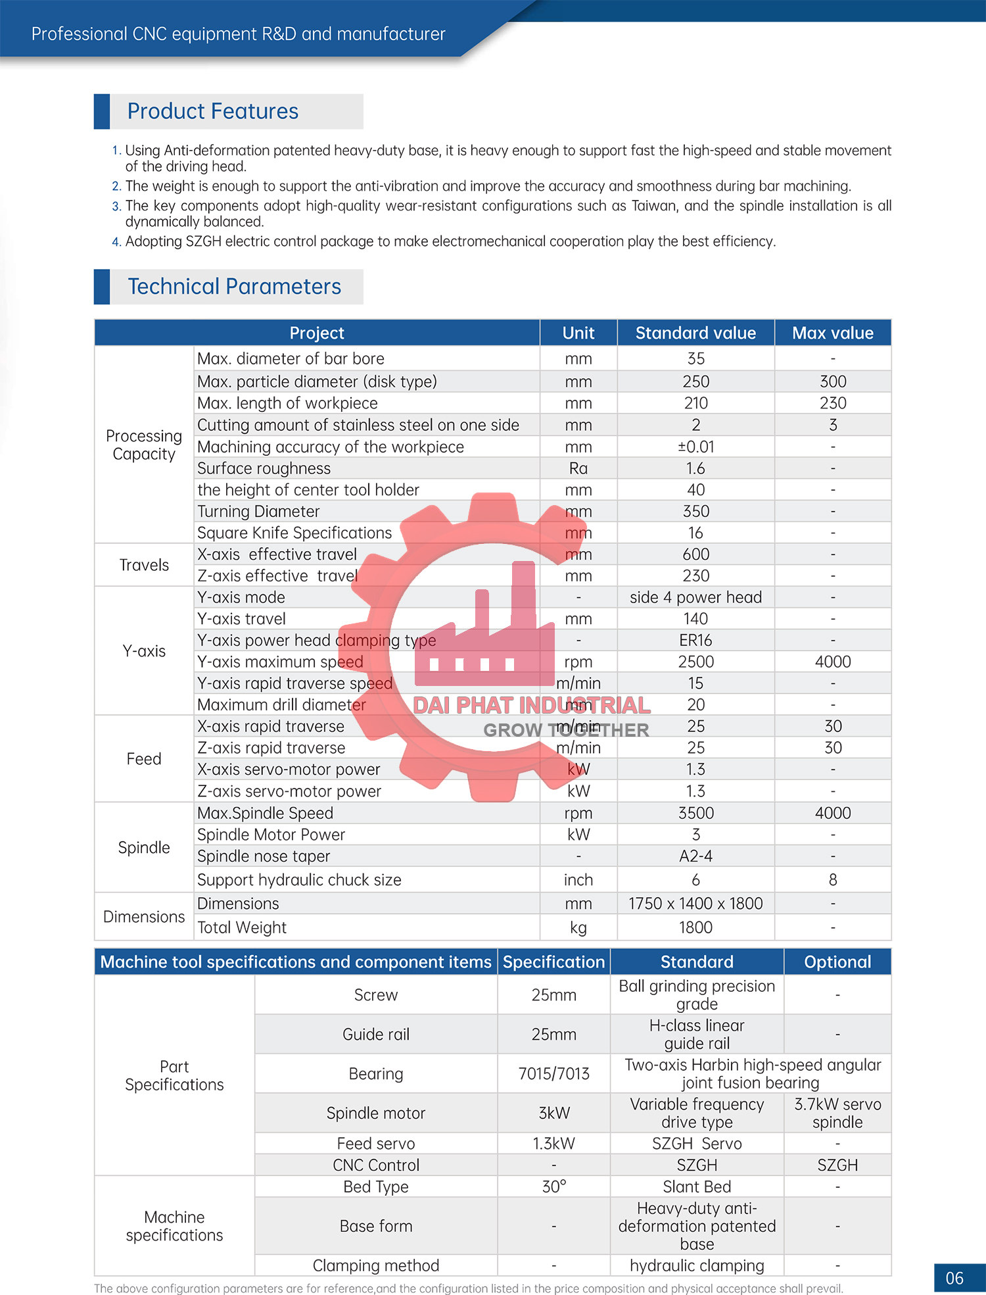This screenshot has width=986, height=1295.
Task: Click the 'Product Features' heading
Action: [212, 111]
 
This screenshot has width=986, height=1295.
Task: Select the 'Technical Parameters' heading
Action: [234, 287]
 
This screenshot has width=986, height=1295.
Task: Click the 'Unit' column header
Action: [578, 333]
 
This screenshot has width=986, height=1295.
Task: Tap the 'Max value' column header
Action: [832, 333]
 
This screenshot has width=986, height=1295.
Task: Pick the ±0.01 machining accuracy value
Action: [695, 447]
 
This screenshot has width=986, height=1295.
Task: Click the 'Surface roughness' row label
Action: [264, 468]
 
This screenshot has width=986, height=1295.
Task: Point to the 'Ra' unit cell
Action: [578, 468]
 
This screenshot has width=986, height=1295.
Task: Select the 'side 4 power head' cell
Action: [695, 597]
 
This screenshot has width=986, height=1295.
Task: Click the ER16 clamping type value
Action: [695, 641]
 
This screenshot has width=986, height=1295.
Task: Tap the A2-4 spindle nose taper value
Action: [695, 856]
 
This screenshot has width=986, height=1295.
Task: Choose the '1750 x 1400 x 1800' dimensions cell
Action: [695, 904]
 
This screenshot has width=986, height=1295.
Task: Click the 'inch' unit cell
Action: [578, 880]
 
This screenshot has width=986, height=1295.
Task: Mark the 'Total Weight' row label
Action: [242, 927]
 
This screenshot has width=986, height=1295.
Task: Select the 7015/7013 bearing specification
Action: [553, 1074]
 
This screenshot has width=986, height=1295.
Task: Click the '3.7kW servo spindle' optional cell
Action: [837, 1113]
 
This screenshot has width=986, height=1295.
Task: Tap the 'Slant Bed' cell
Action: [697, 1186]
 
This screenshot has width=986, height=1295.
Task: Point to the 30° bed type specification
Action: [553, 1186]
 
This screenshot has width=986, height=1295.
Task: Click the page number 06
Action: [954, 1278]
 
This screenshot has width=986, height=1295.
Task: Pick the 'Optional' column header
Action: [837, 962]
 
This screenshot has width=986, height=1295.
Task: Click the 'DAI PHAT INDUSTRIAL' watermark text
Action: [531, 705]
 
